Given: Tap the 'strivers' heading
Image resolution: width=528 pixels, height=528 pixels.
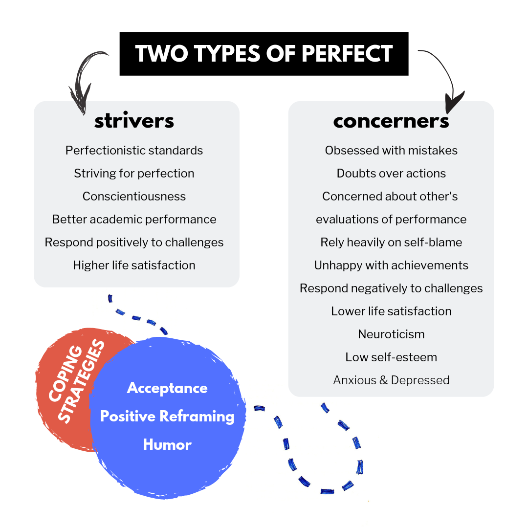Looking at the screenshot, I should tap(134, 121).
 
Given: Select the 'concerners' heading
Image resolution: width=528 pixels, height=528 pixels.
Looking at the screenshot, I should tap(391, 121).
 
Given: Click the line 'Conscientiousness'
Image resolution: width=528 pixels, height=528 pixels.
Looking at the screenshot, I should tap(134, 197).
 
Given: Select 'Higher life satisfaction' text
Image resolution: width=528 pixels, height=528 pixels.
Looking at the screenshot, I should tap(134, 265).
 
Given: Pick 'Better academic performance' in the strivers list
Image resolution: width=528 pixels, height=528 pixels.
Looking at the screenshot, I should tap(134, 220).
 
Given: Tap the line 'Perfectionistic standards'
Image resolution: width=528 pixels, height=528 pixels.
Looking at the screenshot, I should tap(134, 151).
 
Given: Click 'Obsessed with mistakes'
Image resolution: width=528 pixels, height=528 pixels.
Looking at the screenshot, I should tap(391, 151).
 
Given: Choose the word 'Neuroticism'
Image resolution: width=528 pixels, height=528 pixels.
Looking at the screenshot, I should tap(391, 334).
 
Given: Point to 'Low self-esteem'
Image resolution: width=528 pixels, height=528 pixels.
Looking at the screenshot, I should tap(391, 357).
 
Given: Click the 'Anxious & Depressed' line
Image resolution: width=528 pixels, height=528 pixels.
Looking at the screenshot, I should tap(391, 380).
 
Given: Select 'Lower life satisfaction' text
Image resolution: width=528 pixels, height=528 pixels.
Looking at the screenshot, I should tap(391, 311).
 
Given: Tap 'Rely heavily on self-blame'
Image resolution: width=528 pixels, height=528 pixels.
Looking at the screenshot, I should tap(391, 242).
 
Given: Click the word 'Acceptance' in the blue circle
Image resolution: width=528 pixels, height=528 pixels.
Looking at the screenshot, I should tap(167, 388).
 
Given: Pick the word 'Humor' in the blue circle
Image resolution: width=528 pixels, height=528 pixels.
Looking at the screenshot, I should tap(167, 445).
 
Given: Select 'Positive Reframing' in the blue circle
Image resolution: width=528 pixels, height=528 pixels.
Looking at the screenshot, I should tap(167, 417).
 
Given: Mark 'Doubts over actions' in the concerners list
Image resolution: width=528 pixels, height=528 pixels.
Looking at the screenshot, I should tap(391, 174).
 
